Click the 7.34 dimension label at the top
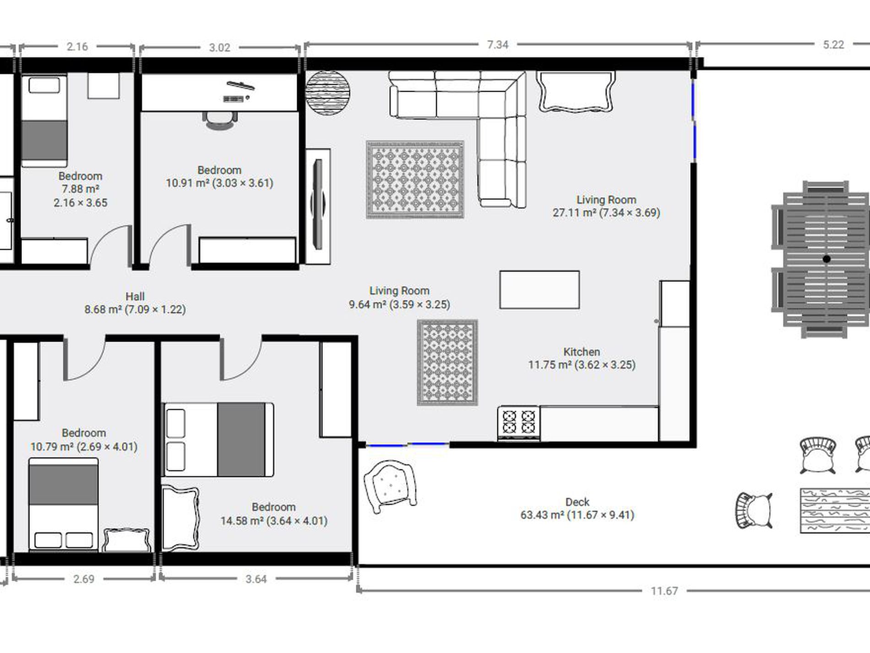(x=498, y=45)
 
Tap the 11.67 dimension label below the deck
(x=664, y=591)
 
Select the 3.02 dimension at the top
(x=219, y=48)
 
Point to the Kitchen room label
(x=582, y=352)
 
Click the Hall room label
(x=135, y=296)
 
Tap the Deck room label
(x=577, y=502)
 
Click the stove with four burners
(x=519, y=423)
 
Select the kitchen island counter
(x=539, y=290)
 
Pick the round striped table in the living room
(x=328, y=93)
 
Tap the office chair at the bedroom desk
(x=220, y=120)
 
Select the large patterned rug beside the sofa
(x=415, y=179)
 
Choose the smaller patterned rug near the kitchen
(x=447, y=362)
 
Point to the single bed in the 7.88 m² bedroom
(x=44, y=121)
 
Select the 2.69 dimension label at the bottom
(x=84, y=579)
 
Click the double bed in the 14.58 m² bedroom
(x=219, y=440)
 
